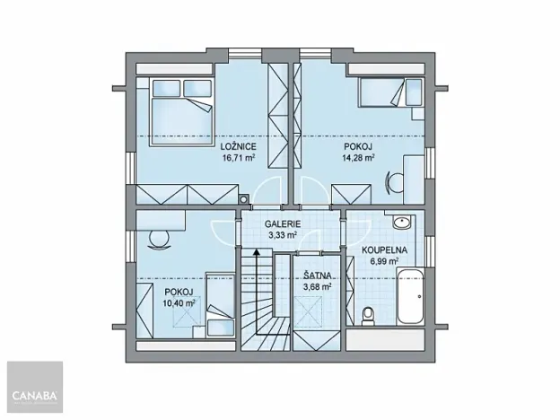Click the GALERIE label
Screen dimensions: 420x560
282,224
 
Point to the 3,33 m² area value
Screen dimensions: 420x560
282,235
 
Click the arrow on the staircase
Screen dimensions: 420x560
256,255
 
